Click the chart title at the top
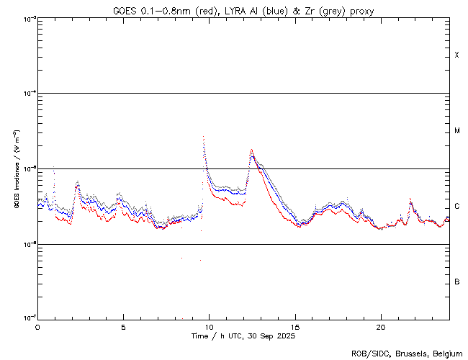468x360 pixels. (243, 10)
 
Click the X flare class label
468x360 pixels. (456, 55)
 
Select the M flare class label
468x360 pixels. (456, 131)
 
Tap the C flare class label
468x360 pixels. (456, 206)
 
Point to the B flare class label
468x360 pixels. (456, 282)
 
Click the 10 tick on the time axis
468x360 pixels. (209, 326)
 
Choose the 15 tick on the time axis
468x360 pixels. (294, 326)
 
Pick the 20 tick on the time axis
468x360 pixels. (380, 326)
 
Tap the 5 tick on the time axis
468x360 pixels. (123, 326)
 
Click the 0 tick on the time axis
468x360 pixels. (37, 326)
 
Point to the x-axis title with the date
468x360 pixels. (243, 336)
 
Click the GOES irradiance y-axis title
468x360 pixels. (16, 169)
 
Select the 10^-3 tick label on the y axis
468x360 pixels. (27, 18)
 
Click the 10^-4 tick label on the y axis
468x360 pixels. (27, 94)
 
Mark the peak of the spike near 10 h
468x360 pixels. (204, 136)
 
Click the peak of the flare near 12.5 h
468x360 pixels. (251, 150)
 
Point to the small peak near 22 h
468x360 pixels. (410, 199)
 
